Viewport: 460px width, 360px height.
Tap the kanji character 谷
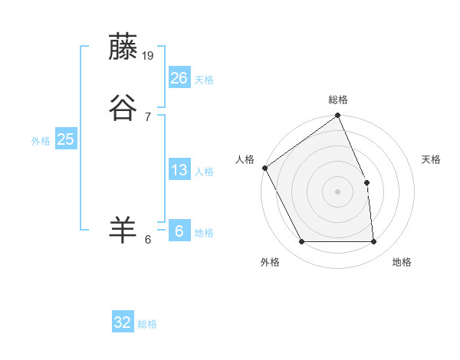123,108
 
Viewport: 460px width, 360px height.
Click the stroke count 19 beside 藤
149,55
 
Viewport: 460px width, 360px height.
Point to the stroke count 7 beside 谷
147,116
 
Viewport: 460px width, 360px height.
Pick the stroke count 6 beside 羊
147,239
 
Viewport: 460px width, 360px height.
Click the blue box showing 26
179,78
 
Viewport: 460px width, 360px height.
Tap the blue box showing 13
179,170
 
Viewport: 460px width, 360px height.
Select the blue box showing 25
65,139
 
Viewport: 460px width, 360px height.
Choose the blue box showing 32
123,322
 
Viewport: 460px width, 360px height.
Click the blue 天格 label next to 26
204,80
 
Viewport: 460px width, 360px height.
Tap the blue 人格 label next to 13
204,172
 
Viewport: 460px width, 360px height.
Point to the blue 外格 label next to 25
41,141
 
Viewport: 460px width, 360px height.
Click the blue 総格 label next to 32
147,324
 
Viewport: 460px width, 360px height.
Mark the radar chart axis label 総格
338,100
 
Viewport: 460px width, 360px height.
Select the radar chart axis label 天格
432,159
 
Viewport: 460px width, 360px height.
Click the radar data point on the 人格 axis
264,168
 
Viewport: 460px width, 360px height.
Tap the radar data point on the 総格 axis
338,116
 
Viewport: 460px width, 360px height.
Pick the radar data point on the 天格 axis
366,182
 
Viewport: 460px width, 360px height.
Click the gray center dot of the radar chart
338,191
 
